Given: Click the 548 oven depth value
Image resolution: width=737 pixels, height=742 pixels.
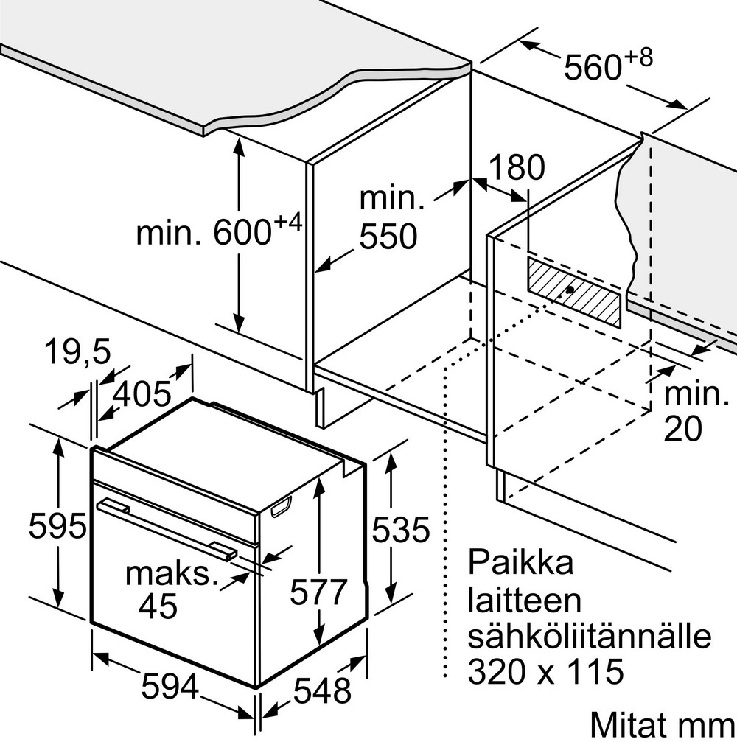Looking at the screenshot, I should (322, 691).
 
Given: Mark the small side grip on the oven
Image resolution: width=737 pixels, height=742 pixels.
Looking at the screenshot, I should (281, 508).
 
